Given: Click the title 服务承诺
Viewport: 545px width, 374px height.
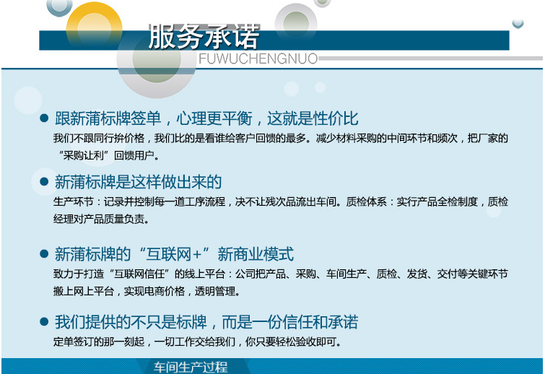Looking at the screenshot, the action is tap(204, 37).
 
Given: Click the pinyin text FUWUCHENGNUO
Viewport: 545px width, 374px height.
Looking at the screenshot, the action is tap(258, 58).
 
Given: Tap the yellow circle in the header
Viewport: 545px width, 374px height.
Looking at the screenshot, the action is tap(94, 26).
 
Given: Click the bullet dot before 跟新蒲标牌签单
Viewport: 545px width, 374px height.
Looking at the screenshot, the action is tap(44, 118).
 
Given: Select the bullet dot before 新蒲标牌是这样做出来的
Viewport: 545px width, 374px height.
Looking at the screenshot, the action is tap(44, 181).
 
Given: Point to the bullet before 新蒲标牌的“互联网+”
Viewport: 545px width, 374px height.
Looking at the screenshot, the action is tap(44, 253).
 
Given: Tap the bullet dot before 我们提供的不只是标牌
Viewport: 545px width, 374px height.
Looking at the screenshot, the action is tap(44, 321).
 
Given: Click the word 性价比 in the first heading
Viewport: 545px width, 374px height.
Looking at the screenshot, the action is tap(336, 118).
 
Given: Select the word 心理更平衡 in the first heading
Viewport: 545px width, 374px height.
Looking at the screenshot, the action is tap(214, 118).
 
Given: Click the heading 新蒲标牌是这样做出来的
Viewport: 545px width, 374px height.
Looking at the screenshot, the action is tap(138, 182).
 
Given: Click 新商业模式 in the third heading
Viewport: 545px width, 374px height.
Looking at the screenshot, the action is tap(256, 254).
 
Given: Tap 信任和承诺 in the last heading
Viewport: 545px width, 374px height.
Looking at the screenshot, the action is tap(320, 322).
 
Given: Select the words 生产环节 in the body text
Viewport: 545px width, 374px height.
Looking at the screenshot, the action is tap(74, 201).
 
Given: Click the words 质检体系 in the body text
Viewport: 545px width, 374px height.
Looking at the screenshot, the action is tap(367, 201).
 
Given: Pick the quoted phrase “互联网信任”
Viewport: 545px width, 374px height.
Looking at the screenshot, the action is tap(140, 274).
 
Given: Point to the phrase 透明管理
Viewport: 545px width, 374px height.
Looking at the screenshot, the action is tap(215, 291).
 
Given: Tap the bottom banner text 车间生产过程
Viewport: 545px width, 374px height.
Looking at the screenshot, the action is tap(191, 367).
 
